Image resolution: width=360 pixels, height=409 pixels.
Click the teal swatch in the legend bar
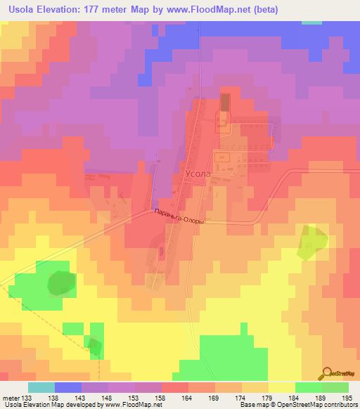click(41, 387)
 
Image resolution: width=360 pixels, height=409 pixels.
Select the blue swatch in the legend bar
click(68, 387)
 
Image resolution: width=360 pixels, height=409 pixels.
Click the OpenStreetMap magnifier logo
click(326, 373)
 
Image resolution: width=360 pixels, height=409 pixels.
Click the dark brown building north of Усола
click(225, 103)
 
